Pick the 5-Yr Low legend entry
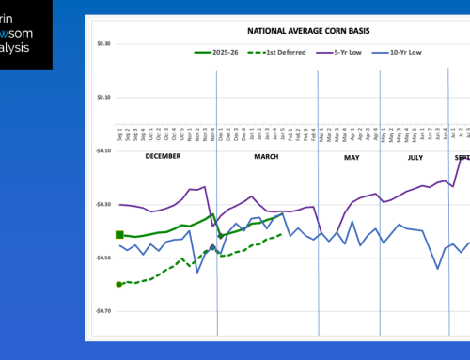332,50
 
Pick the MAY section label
352,157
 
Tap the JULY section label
415,157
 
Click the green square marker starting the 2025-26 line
119,234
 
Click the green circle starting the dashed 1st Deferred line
119,283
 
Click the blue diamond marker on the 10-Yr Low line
212,248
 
